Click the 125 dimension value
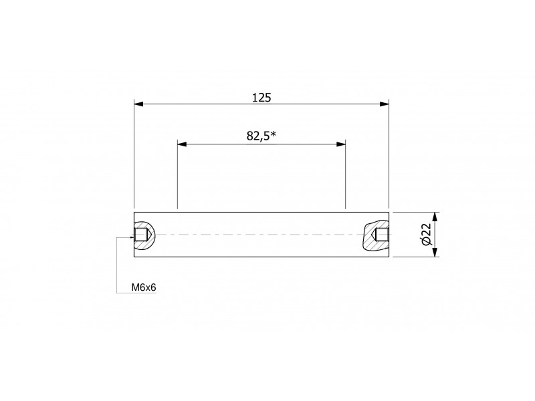(x=261, y=98)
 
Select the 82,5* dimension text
(x=261, y=136)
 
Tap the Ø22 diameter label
(x=427, y=235)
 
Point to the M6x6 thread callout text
(x=144, y=287)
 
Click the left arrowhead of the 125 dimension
(x=138, y=104)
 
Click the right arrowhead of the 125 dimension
(x=384, y=104)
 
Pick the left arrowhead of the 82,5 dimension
(x=182, y=144)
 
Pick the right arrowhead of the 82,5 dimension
(x=341, y=144)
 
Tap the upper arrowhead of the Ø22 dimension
(x=435, y=217)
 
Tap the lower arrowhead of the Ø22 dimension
(x=435, y=253)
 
